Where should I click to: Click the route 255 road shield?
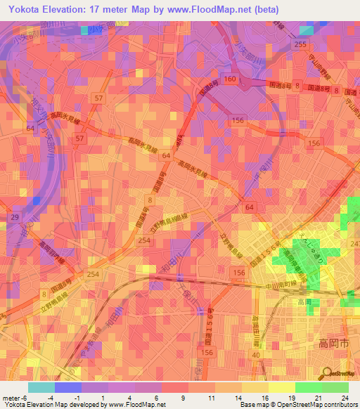(x=301, y=44)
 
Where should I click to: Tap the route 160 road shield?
(x=230, y=79)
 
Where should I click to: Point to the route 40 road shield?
(x=257, y=355)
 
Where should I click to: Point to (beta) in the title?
(x=262, y=10)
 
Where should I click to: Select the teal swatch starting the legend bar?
(x=41, y=387)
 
